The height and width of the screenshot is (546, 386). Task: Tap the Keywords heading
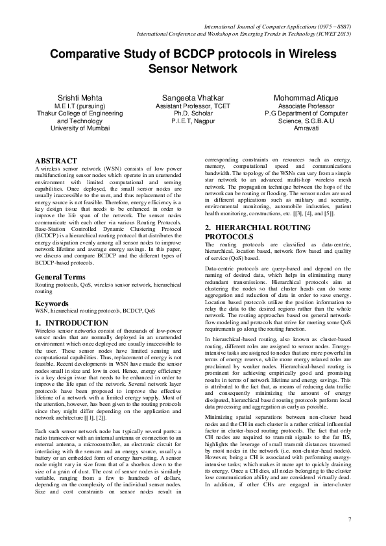click(x=53, y=303)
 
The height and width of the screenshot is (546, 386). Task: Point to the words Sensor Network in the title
click(x=193, y=68)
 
